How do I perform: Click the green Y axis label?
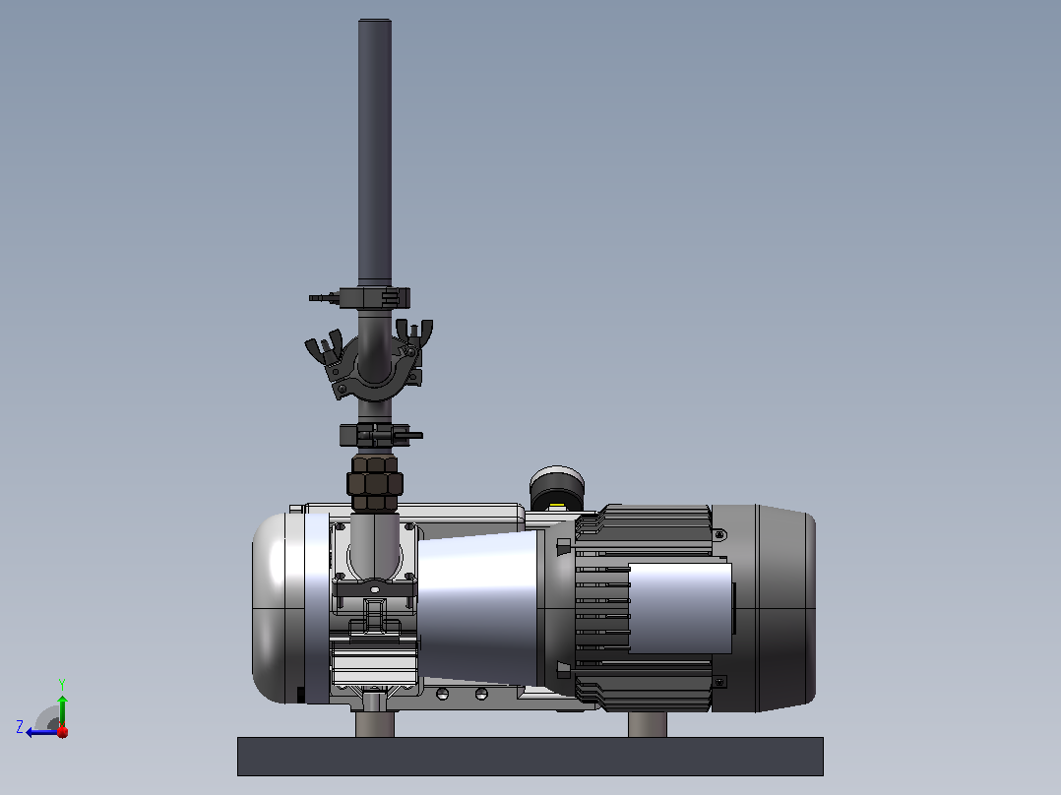point(62,684)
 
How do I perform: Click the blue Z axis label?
point(20,727)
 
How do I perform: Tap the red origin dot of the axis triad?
point(63,732)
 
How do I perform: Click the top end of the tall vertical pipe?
point(375,21)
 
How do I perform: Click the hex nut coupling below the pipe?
point(374,483)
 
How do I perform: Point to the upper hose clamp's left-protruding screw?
point(325,297)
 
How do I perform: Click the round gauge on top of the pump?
point(557,488)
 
